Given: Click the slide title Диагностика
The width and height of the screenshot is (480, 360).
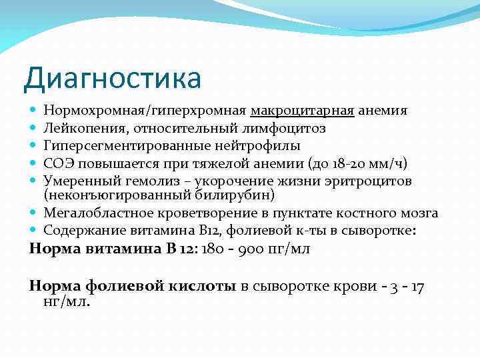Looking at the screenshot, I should (x=112, y=78).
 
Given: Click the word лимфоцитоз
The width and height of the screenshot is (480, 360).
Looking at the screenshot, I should (x=293, y=127).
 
